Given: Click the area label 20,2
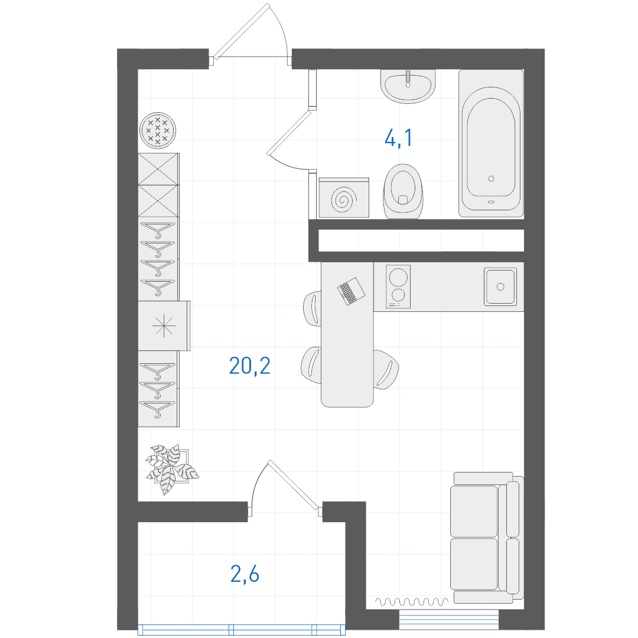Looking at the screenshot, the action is tap(249, 366).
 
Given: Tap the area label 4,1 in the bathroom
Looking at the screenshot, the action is tap(398, 138).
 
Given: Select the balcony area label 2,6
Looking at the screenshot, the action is tap(245, 575).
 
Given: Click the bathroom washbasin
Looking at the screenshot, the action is tap(408, 86).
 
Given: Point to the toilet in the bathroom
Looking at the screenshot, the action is tap(403, 191).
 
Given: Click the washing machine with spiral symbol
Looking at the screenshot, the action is tap(344, 198).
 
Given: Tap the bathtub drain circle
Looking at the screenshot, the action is tap(491, 178).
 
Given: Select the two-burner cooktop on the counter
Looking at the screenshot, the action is tap(398, 287).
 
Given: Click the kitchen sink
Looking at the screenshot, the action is tap(500, 287).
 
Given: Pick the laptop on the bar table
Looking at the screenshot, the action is tap(351, 291).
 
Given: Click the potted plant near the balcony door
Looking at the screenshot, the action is tap(171, 468).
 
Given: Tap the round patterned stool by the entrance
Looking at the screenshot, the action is tap(158, 131).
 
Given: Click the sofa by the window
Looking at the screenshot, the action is tap(487, 538).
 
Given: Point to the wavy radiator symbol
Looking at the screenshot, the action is tap(411, 601).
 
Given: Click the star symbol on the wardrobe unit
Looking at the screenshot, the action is tap(164, 326).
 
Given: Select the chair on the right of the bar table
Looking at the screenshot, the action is tap(385, 369).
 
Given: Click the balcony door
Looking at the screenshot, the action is tap(285, 486).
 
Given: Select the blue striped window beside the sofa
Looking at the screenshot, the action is tap(449, 620).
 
